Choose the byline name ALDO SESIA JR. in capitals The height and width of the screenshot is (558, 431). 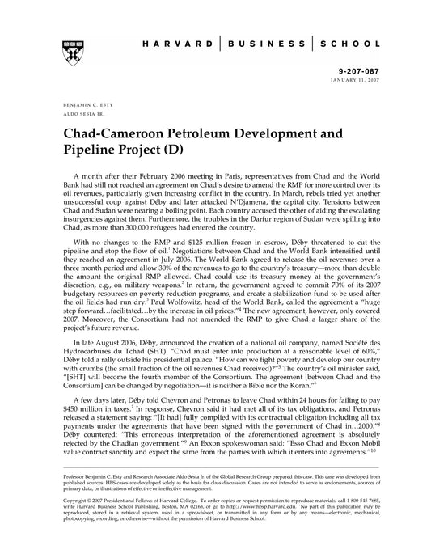pos(74,116)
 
